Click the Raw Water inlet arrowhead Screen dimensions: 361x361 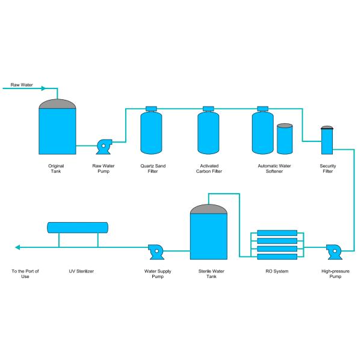tap(43, 88)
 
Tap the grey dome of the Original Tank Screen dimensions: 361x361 tap(57, 104)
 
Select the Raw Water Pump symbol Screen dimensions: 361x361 tap(104, 147)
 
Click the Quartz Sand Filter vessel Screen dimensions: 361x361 tap(151, 132)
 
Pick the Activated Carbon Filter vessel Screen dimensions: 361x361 tap(208, 132)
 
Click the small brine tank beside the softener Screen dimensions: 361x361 tap(285, 139)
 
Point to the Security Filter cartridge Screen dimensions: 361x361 tap(327, 140)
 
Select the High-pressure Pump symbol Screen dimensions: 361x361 tap(334, 252)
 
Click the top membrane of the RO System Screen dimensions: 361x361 tap(277, 233)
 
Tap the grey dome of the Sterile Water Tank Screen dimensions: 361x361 tap(209, 209)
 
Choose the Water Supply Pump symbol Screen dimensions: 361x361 tap(156, 252)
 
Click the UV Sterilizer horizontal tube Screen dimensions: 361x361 tap(78, 227)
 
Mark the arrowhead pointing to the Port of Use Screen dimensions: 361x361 tap(17, 247)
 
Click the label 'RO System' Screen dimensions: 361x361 tap(277, 271)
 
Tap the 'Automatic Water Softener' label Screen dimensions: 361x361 tap(274, 168)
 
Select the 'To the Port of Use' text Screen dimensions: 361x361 tap(25, 274)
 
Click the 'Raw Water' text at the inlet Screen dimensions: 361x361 tap(22, 85)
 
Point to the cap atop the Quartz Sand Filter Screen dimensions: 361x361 tap(151, 109)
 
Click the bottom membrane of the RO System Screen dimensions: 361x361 tap(277, 257)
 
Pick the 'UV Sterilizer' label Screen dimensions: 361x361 tap(81, 271)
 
